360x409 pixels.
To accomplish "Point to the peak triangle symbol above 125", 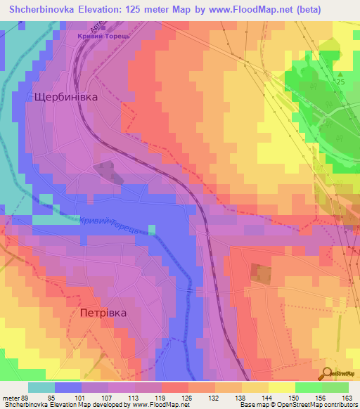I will pyautogui.click(x=340, y=74).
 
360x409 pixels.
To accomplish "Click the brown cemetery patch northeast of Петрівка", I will pyautogui.click(x=261, y=273).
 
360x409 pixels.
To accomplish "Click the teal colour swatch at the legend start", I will pyautogui.click(x=41, y=387).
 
